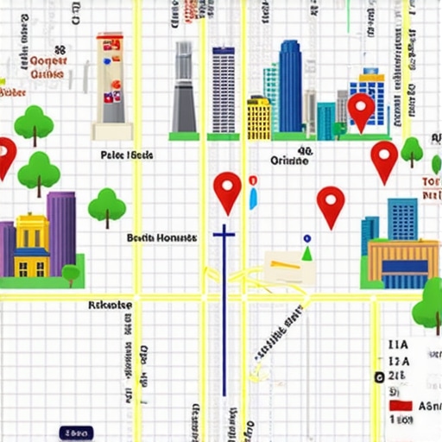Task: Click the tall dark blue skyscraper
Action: click(290, 86)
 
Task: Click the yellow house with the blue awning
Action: click(32, 245)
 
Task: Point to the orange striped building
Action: click(402, 263)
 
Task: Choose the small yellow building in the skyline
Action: click(258, 118)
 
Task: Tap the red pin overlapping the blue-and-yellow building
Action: click(361, 110)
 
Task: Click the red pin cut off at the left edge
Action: click(5, 156)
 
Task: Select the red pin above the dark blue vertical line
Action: click(227, 190)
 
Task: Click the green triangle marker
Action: click(306, 253)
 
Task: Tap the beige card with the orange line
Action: click(288, 268)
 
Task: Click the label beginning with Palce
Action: click(127, 155)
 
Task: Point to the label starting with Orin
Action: click(289, 161)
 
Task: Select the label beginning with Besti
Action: click(161, 237)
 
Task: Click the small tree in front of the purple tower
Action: click(71, 274)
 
